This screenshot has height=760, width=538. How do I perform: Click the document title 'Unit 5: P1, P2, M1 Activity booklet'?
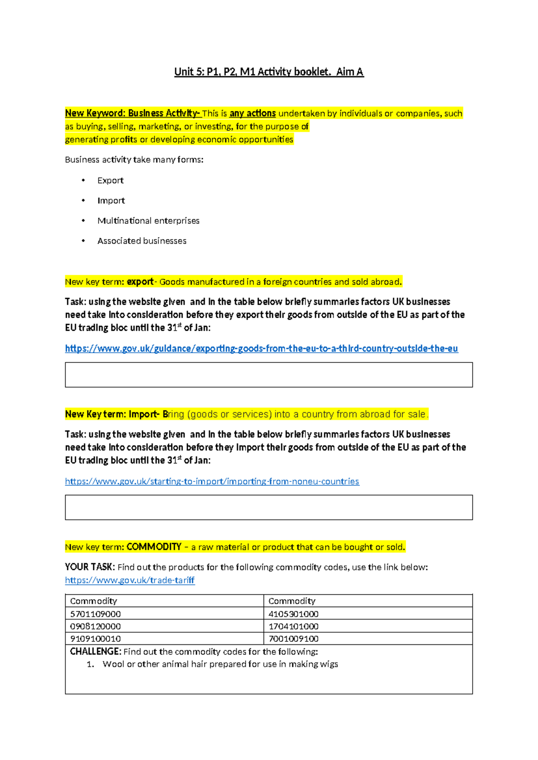269,72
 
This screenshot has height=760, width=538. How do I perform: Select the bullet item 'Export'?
110,181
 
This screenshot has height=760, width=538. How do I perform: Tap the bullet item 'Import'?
111,201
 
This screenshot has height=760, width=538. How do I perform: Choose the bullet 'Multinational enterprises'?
148,221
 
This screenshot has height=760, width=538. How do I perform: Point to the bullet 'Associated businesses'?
142,241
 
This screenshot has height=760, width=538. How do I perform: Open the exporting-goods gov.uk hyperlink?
261,349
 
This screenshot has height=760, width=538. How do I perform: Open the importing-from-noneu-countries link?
212,482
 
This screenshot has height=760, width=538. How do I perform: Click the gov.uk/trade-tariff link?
130,580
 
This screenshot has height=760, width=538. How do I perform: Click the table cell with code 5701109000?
95,614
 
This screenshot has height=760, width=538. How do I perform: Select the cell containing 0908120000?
95,626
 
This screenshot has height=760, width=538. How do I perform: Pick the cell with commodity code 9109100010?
95,639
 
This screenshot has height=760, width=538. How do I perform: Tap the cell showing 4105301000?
294,614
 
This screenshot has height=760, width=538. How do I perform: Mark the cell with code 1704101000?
294,626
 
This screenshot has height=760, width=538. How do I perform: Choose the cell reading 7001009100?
294,639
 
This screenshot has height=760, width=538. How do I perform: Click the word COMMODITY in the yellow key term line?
154,547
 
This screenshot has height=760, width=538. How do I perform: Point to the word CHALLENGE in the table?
95,652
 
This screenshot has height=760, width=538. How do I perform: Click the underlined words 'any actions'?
252,113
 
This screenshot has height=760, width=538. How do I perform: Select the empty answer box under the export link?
269,375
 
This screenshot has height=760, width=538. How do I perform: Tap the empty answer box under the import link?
269,507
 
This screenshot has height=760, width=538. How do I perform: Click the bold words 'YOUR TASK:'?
90,567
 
